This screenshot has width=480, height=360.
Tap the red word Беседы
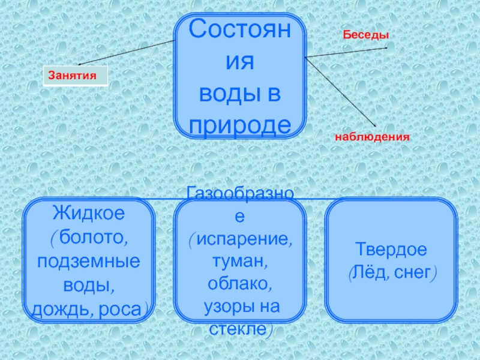pyautogui.click(x=365, y=36)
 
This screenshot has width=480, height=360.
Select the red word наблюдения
pyautogui.click(x=372, y=137)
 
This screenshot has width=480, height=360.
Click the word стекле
pyautogui.click(x=238, y=329)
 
